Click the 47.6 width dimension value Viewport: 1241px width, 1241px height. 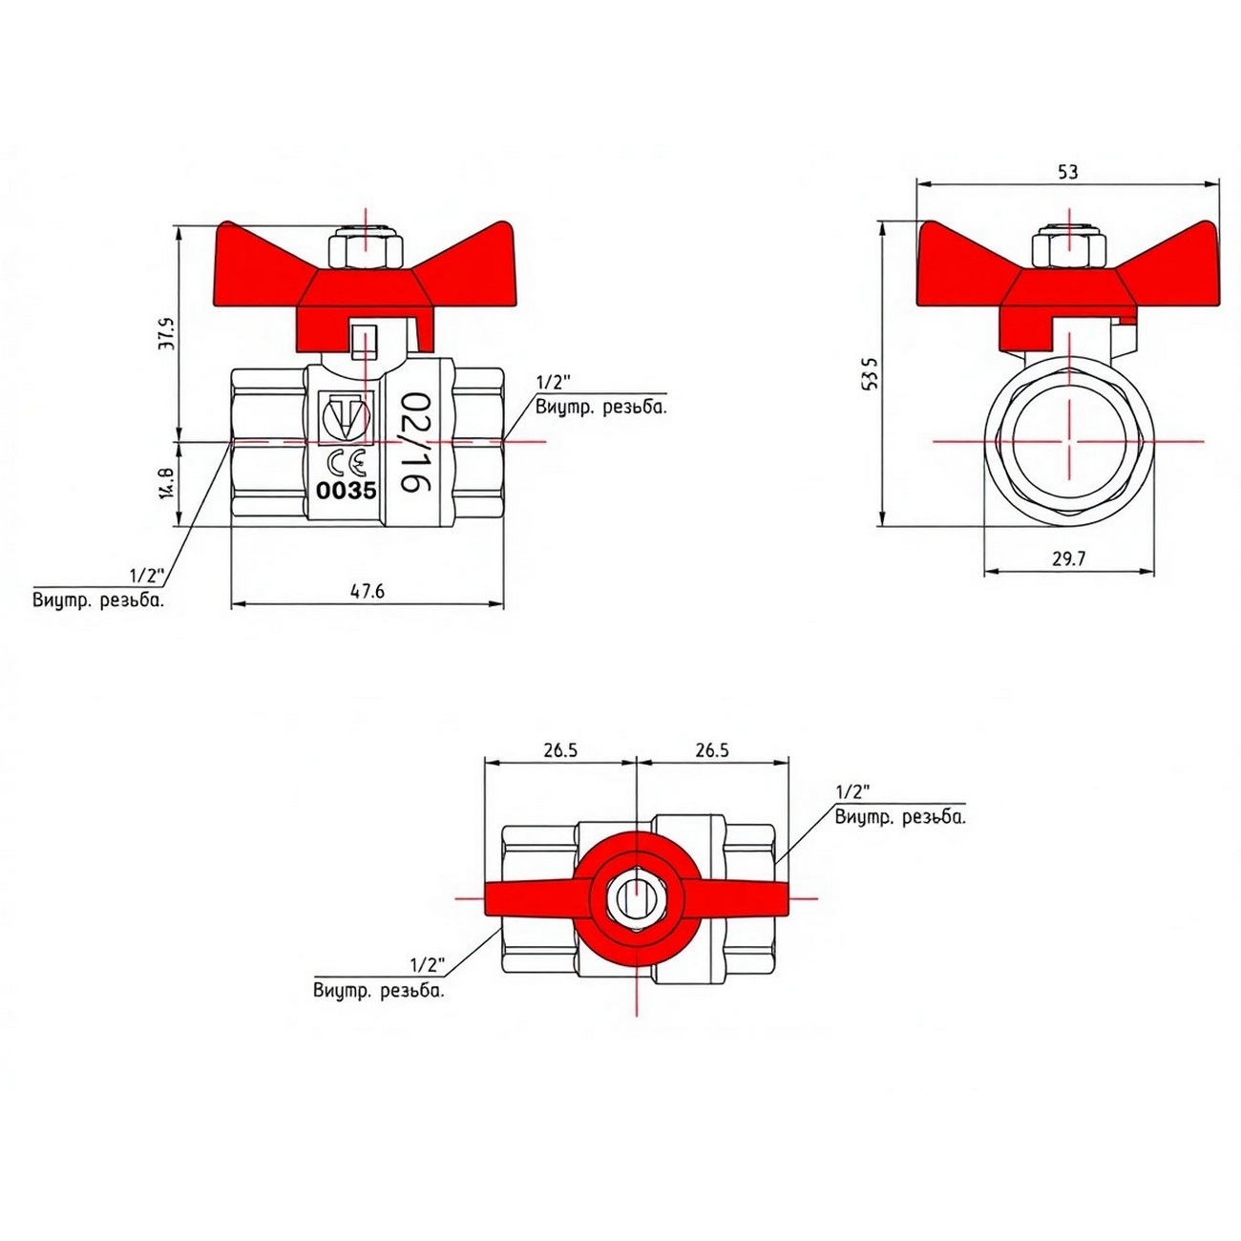(368, 591)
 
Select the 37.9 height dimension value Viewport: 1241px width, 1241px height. (169, 333)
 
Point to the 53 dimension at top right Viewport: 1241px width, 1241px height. (1067, 172)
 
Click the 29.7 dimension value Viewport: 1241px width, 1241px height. (1069, 558)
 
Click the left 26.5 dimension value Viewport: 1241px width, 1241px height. (560, 750)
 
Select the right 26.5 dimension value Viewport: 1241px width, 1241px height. (711, 750)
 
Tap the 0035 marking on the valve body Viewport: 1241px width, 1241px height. (346, 492)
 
